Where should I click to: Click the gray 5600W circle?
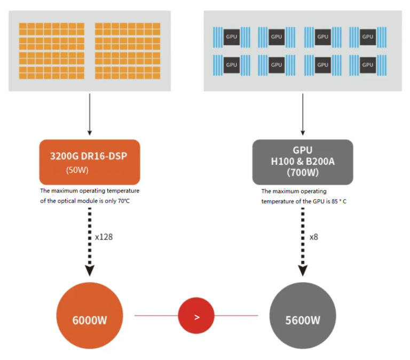click(x=303, y=319)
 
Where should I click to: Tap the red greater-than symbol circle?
click(x=196, y=316)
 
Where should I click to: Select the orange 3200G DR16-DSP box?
click(x=90, y=162)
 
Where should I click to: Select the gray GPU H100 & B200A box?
click(x=303, y=162)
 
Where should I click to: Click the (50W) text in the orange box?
click(x=78, y=171)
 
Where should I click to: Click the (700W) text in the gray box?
click(x=303, y=173)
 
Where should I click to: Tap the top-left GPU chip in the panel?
click(x=232, y=37)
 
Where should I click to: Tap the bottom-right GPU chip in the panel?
click(x=367, y=65)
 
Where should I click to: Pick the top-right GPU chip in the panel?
click(x=367, y=37)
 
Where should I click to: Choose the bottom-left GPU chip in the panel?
click(x=232, y=65)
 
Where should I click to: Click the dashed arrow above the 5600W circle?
click(x=303, y=240)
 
